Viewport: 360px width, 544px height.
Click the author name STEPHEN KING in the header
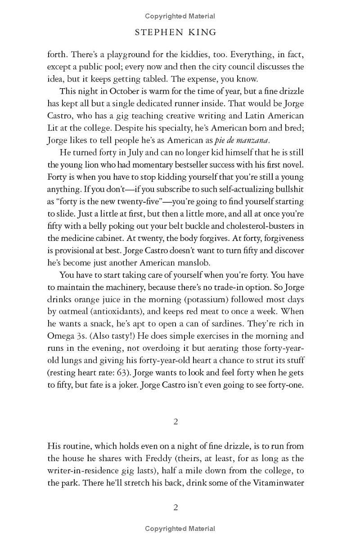tap(180, 32)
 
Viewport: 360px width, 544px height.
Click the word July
tap(124, 153)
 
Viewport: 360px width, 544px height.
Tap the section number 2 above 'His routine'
tap(175, 422)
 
